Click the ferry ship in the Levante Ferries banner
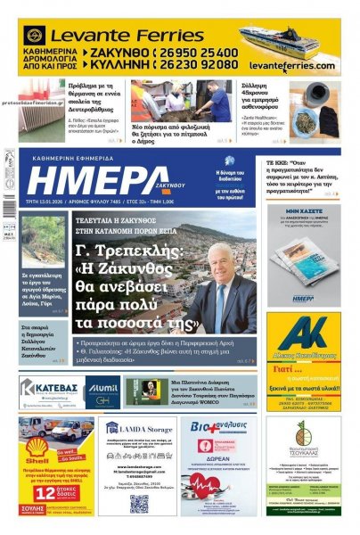click(x=277, y=40)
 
